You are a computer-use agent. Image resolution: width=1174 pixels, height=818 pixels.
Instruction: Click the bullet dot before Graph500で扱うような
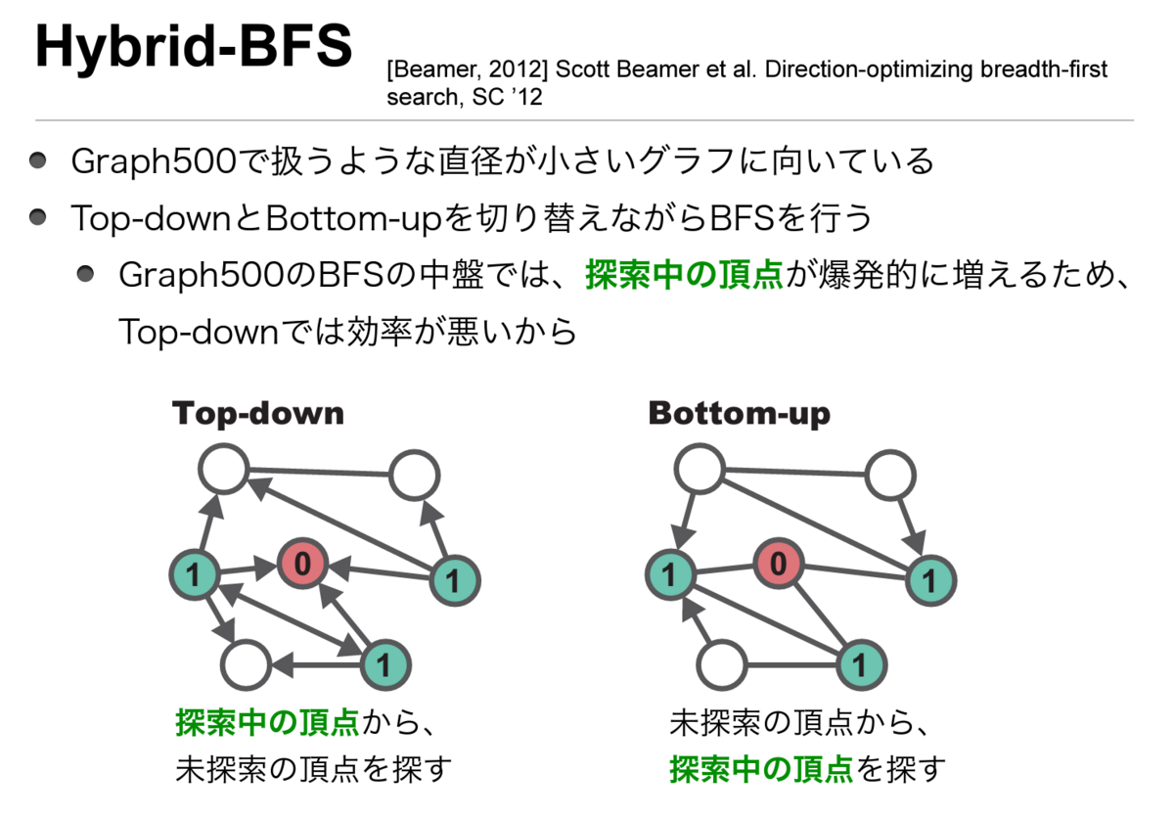pos(37,160)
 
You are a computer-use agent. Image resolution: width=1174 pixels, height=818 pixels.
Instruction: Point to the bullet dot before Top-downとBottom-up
pos(37,216)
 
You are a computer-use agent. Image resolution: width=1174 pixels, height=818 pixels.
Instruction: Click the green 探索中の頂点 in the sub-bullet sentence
pos(684,275)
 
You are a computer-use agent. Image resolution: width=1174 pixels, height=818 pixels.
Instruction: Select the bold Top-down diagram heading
pos(258,413)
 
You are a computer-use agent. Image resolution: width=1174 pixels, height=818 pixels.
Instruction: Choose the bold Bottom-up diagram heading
pos(739,413)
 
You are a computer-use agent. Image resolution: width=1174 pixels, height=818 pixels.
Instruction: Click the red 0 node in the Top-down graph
pos(302,563)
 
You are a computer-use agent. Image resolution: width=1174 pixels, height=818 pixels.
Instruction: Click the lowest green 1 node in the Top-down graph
pos(384,665)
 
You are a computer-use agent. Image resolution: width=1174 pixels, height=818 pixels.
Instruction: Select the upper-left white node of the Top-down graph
pos(223,469)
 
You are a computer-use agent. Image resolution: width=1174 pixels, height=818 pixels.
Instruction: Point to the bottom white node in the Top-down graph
pos(245,664)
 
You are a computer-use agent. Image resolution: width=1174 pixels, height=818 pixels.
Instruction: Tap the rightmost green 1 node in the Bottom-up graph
pos(928,580)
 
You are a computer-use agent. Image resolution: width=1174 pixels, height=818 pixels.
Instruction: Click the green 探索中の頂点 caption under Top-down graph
pos(267,725)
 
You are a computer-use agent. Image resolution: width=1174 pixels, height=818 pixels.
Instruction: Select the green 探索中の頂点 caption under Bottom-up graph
pos(761,769)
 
